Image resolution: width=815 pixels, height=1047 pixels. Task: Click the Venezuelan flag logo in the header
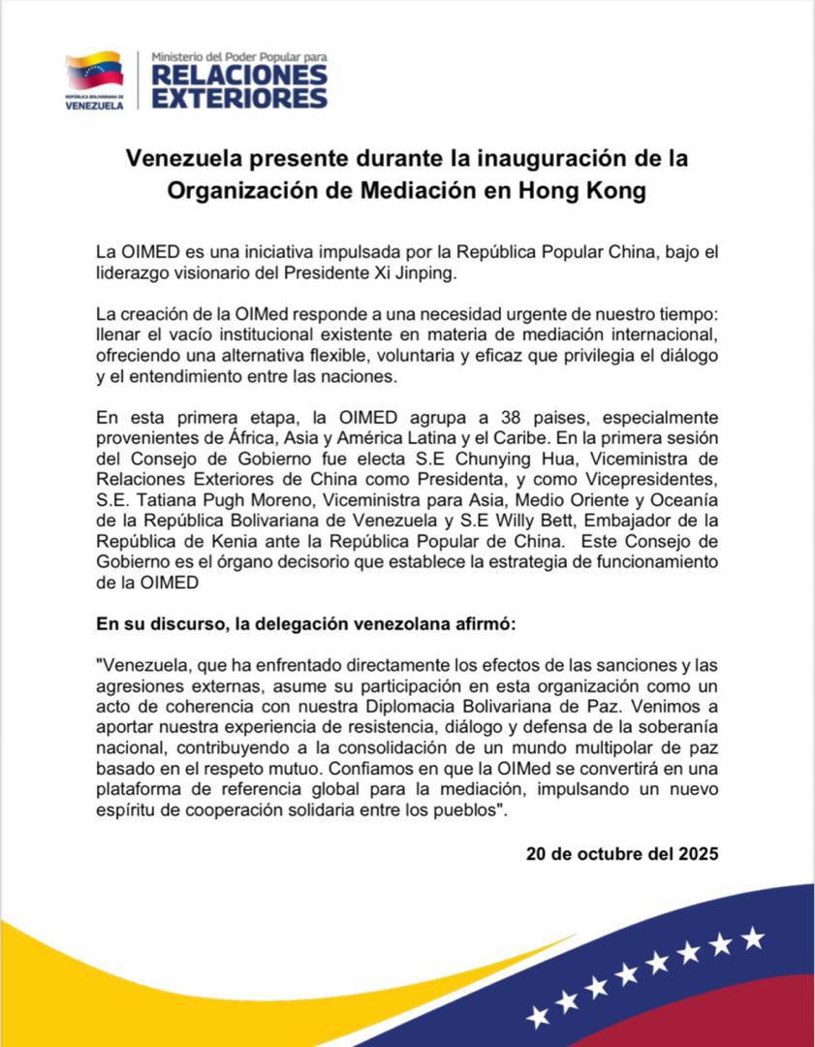[x=94, y=71]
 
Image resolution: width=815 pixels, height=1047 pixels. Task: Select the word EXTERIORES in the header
[x=239, y=98]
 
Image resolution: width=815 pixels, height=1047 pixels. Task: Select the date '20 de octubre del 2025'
[x=622, y=855]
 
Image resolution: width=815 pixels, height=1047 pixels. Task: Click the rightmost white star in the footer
[x=752, y=937]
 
